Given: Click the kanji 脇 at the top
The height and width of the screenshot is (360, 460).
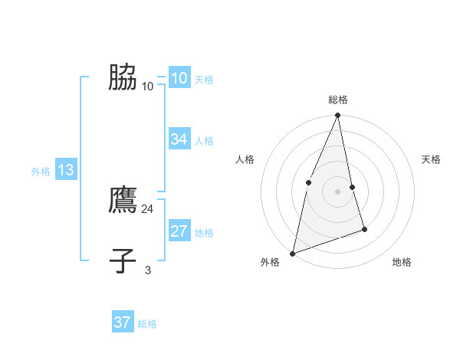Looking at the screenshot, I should [123, 78].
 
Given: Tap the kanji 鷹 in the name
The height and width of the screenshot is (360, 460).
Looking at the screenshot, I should [123, 201].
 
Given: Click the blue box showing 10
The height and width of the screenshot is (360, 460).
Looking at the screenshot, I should [179, 78].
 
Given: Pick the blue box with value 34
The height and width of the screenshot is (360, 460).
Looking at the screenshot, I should [179, 139].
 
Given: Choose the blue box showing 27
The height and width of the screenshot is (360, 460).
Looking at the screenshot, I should [179, 231].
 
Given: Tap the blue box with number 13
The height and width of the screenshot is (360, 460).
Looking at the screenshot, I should [65, 171].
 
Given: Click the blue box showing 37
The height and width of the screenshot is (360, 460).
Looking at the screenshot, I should [122, 322].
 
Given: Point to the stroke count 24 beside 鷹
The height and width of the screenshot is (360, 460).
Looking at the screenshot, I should [148, 208].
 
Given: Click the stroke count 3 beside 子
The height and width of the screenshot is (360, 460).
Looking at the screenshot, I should [148, 270].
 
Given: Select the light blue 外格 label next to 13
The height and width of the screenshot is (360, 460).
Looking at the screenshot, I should [41, 172].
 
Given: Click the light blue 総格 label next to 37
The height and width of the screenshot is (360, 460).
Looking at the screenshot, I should [147, 324].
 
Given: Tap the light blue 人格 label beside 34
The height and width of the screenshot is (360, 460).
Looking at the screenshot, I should [204, 141].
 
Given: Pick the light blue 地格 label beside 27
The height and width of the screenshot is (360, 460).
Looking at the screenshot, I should [204, 233].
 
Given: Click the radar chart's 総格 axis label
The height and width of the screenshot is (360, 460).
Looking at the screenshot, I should [337, 100].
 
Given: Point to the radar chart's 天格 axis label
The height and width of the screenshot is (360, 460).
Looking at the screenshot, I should [432, 159].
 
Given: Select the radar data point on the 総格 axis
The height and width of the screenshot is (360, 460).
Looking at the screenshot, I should [337, 116].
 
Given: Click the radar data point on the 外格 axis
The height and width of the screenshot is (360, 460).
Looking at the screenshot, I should [292, 253].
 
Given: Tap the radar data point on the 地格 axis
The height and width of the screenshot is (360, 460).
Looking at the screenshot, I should [364, 229].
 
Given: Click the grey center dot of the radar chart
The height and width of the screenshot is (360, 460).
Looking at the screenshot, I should [337, 191].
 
